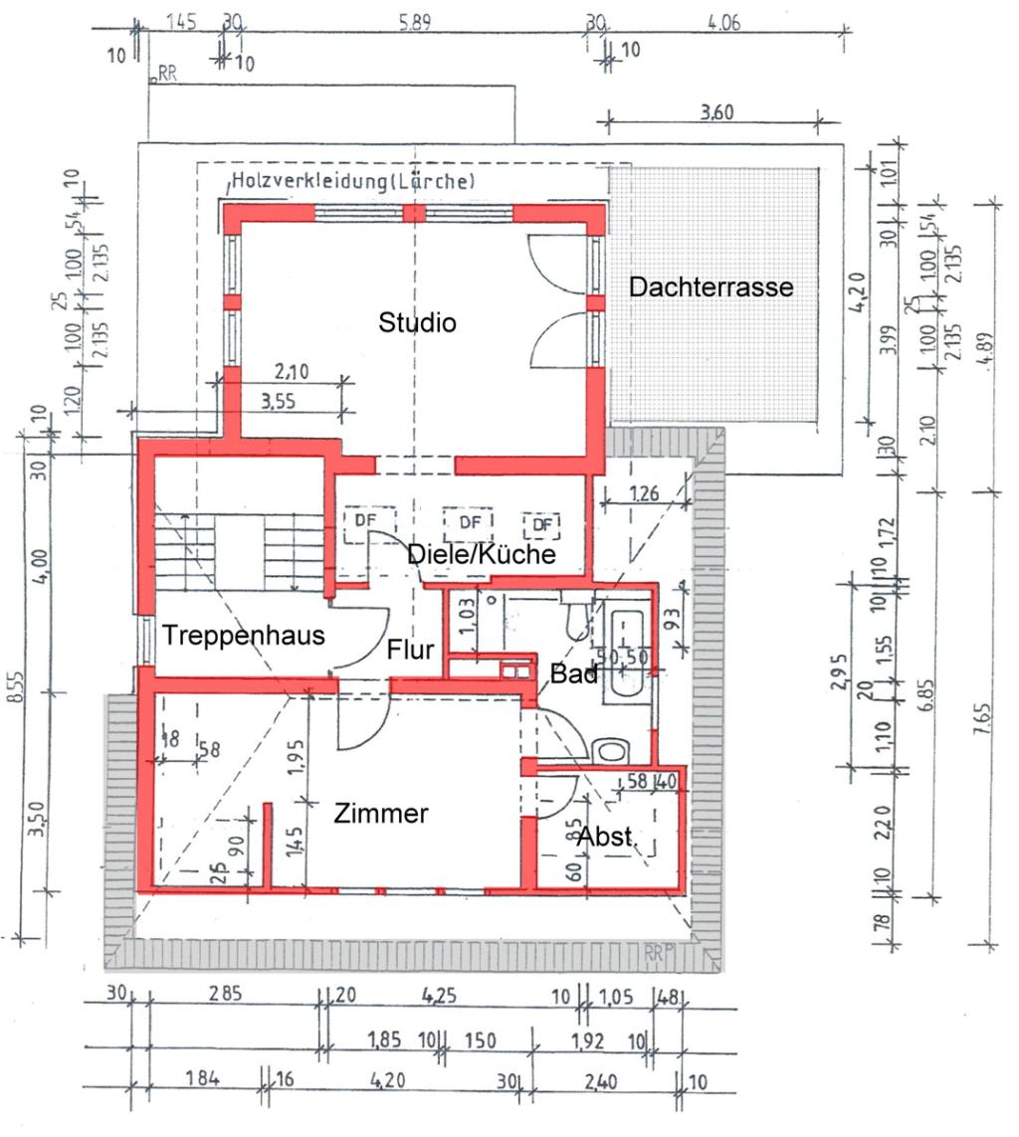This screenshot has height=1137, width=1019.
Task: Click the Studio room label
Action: pyautogui.click(x=417, y=322)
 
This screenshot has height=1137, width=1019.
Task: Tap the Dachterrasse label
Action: pyautogui.click(x=711, y=287)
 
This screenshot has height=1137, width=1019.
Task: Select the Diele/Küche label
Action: pyautogui.click(x=482, y=554)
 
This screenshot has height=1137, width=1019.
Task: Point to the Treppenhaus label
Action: pyautogui.click(x=244, y=636)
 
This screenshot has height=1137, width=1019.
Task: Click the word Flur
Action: pyautogui.click(x=411, y=651)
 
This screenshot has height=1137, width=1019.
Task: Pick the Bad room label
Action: pyautogui.click(x=574, y=674)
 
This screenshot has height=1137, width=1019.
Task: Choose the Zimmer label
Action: pyautogui.click(x=381, y=813)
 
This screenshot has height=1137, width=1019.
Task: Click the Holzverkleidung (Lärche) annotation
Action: pyautogui.click(x=353, y=181)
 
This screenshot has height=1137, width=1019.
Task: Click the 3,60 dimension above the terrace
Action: pyautogui.click(x=715, y=111)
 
